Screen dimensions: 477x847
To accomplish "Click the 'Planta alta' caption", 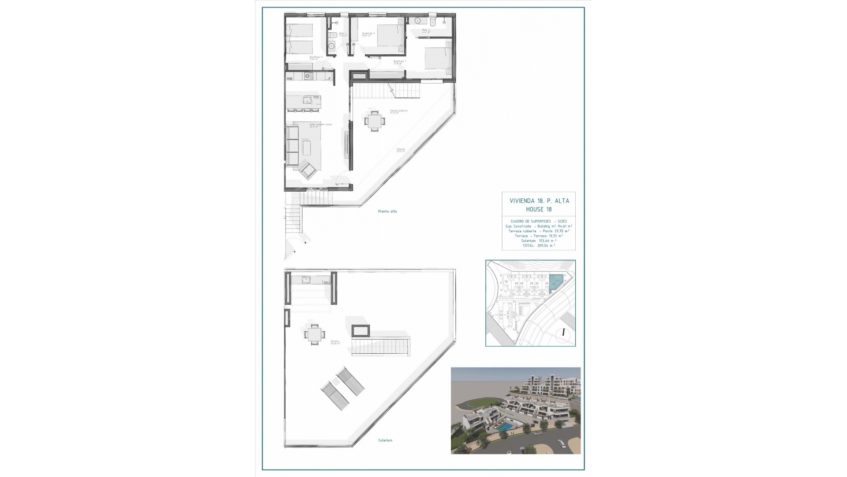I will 387,212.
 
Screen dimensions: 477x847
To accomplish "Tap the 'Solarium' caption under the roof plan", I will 385,440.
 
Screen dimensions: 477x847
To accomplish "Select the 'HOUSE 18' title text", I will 539,209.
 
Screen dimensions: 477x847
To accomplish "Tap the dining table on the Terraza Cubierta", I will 374,121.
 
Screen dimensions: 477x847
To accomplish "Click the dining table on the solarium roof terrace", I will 314,334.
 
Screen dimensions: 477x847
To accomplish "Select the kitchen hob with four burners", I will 308,76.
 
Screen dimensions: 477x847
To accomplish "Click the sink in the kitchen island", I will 307,101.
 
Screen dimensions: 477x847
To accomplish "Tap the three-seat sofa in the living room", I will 292,145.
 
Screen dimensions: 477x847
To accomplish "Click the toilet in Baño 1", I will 331,34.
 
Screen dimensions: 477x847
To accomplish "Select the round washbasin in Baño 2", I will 418,21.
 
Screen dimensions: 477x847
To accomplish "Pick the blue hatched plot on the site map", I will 556,281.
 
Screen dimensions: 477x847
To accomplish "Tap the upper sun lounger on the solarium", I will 351,381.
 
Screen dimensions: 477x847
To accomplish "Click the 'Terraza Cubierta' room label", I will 398,111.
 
